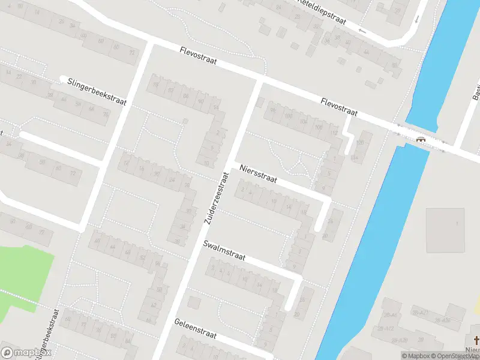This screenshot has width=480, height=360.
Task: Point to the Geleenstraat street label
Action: pyautogui.click(x=196, y=329)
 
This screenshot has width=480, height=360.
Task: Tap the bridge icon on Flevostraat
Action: pyautogui.click(x=421, y=139)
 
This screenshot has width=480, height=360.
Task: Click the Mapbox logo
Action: pyautogui.click(x=26, y=353)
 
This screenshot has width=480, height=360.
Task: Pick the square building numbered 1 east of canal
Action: pyautogui.click(x=445, y=230)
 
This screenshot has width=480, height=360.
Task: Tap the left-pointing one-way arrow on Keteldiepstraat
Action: pyautogui.click(x=362, y=30)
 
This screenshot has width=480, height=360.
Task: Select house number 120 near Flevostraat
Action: pyautogui.click(x=360, y=143)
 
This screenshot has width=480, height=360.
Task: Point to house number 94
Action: pyautogui.click(x=216, y=108)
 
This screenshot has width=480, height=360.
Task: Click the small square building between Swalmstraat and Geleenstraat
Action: pyautogui.click(x=193, y=302)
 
